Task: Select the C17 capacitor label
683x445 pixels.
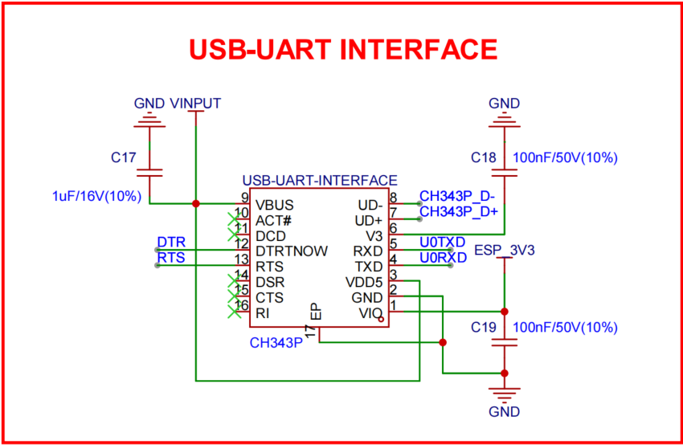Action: pyautogui.click(x=125, y=158)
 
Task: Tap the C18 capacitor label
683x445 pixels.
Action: pyautogui.click(x=485, y=157)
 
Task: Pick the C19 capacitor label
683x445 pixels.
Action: pyautogui.click(x=485, y=328)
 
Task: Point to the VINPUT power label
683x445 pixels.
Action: pyautogui.click(x=195, y=104)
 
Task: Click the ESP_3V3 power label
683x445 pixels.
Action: pyautogui.click(x=505, y=251)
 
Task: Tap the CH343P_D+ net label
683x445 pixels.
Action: pyautogui.click(x=459, y=211)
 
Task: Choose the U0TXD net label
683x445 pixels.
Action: pyautogui.click(x=442, y=242)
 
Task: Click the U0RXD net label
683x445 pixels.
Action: pyautogui.click(x=443, y=258)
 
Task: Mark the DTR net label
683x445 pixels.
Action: pyautogui.click(x=170, y=242)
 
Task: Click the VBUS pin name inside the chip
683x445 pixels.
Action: pyautogui.click(x=274, y=204)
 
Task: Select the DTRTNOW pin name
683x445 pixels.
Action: pyautogui.click(x=292, y=251)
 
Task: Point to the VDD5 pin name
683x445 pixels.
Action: pyautogui.click(x=364, y=282)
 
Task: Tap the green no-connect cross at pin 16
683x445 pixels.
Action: pyautogui.click(x=236, y=312)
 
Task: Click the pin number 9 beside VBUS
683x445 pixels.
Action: pyautogui.click(x=243, y=198)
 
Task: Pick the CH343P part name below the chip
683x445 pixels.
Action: pyautogui.click(x=276, y=343)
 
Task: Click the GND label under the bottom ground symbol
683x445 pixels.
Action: pyautogui.click(x=504, y=412)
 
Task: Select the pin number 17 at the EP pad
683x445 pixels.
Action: pyautogui.click(x=309, y=332)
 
